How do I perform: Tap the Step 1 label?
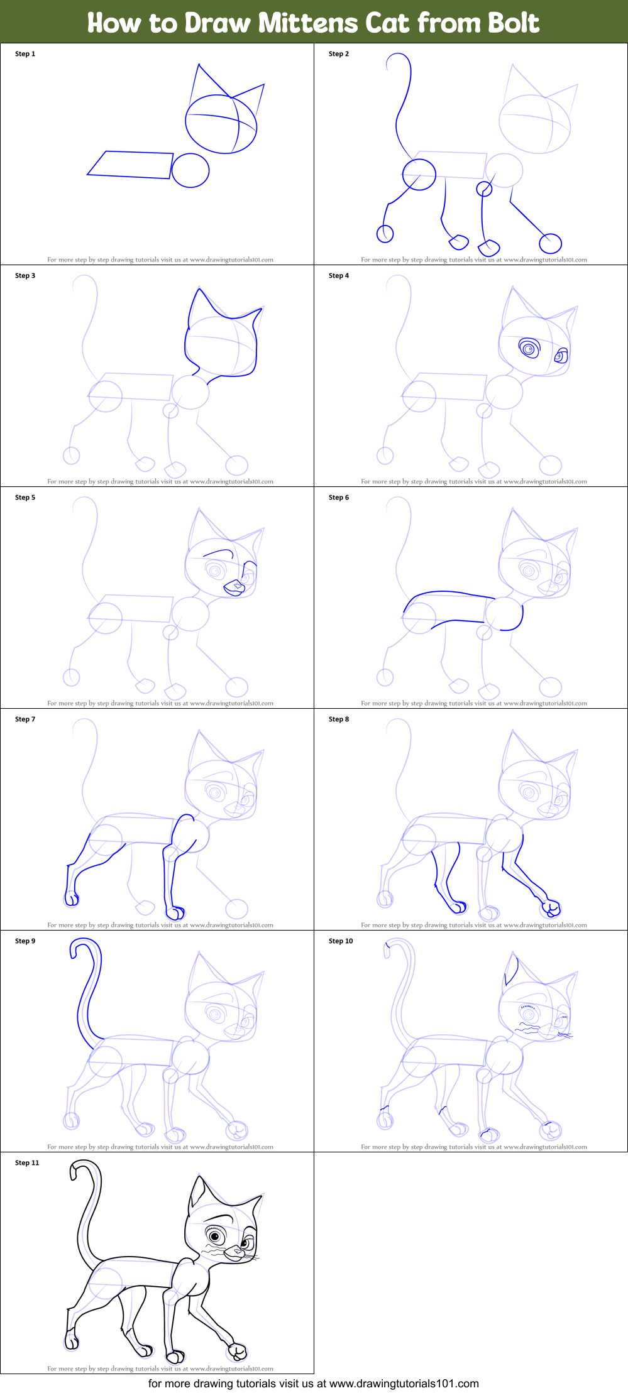[x=25, y=54]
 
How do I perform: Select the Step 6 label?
[x=339, y=498]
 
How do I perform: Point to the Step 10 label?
[x=341, y=941]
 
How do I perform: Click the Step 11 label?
[x=27, y=1163]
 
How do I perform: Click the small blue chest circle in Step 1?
[x=190, y=170]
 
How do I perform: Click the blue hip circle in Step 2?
[x=419, y=174]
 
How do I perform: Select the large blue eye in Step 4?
[x=529, y=348]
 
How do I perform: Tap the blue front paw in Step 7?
[x=175, y=912]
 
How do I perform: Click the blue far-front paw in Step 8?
[x=551, y=907]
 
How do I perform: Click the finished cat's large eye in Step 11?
[x=215, y=1237]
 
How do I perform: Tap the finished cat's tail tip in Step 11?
[x=75, y=1170]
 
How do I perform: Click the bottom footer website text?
[x=314, y=1383]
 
